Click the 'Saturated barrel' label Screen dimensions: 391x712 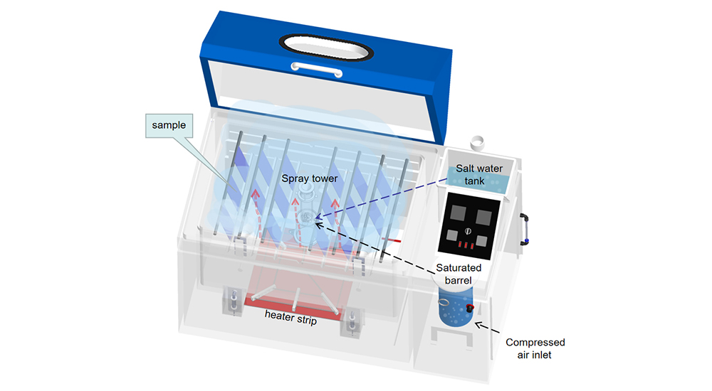459,274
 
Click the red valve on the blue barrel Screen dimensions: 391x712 470,308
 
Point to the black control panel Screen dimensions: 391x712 471,225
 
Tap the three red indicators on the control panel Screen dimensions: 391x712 467,245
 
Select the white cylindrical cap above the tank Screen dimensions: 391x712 478,143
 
